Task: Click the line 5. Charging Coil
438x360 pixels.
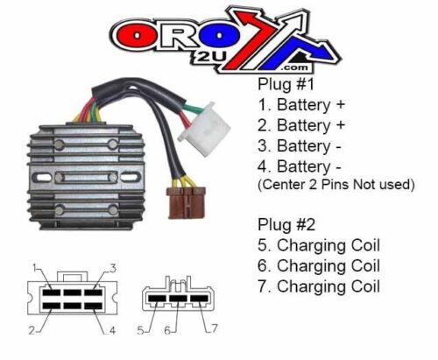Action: tap(318, 244)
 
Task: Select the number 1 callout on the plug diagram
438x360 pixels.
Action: tap(32, 266)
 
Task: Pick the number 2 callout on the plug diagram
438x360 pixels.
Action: tap(32, 331)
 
